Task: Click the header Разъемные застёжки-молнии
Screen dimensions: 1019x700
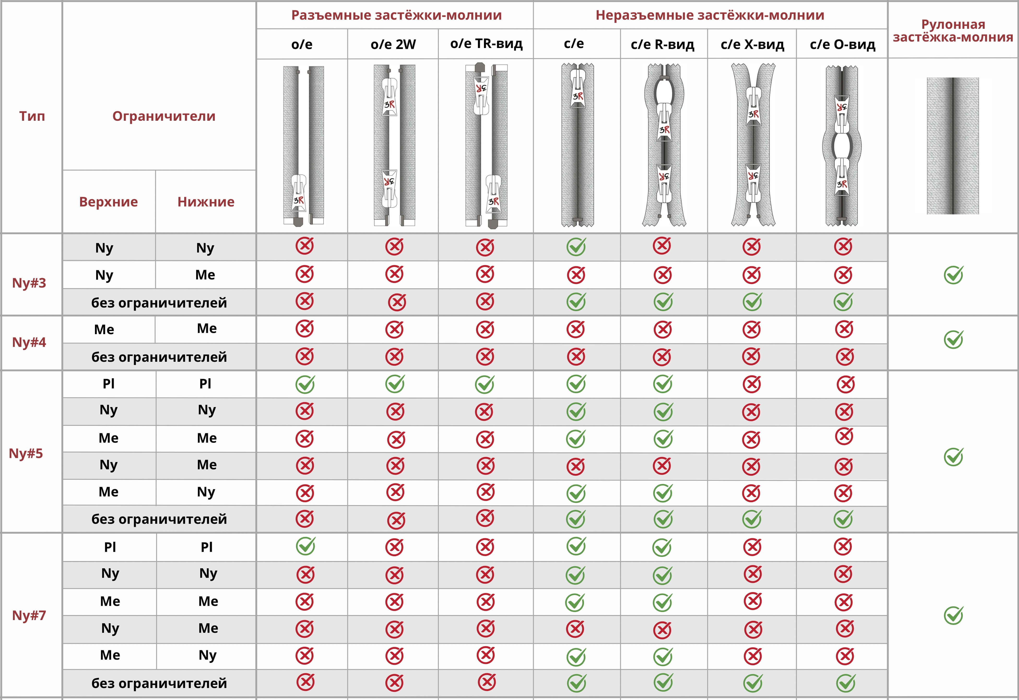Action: (x=396, y=15)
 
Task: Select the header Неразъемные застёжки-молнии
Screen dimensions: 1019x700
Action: (x=710, y=15)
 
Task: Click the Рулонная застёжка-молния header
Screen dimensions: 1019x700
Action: (x=953, y=31)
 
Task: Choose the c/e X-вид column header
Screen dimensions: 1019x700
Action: (x=752, y=44)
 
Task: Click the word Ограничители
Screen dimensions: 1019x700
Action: (x=164, y=116)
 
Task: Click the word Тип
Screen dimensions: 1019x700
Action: (x=32, y=116)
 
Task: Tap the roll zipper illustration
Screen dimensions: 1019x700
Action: (x=953, y=146)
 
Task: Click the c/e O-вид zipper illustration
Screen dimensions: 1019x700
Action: (x=842, y=146)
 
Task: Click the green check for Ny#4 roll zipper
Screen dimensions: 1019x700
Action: (x=953, y=339)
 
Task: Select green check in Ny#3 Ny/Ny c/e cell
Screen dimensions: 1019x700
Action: (x=576, y=247)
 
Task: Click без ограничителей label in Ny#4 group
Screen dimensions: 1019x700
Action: (x=159, y=357)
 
